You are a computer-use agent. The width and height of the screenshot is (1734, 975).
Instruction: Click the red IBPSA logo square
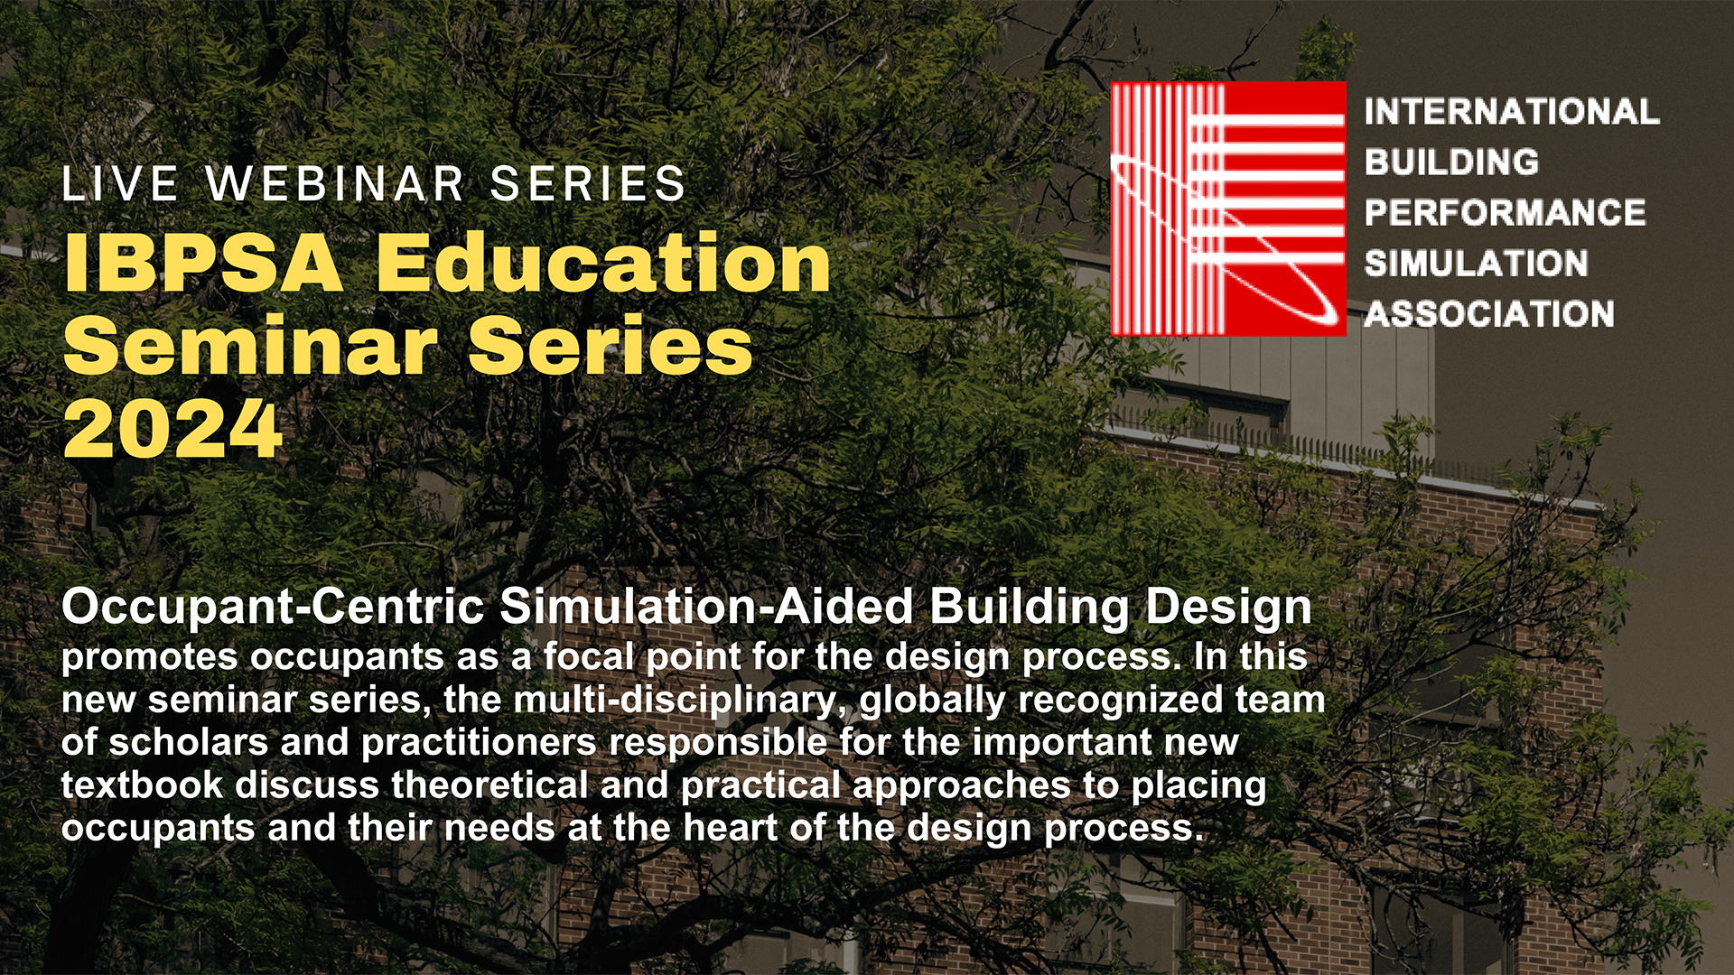pyautogui.click(x=1228, y=209)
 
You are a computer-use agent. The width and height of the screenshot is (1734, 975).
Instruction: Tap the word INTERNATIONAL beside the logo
pyautogui.click(x=1512, y=112)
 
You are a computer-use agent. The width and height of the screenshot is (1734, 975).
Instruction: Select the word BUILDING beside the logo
pyautogui.click(x=1451, y=162)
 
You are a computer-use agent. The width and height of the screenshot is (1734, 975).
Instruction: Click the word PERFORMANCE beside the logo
pyautogui.click(x=1505, y=213)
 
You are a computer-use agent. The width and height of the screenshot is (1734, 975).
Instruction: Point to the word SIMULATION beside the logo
pyautogui.click(x=1476, y=264)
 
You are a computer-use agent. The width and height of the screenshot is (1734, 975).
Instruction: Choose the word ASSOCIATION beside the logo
pyautogui.click(x=1489, y=314)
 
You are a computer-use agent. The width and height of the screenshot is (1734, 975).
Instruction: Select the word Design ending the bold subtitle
pyautogui.click(x=1228, y=608)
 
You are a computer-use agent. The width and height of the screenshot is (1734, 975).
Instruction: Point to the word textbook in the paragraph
pyautogui.click(x=142, y=785)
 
